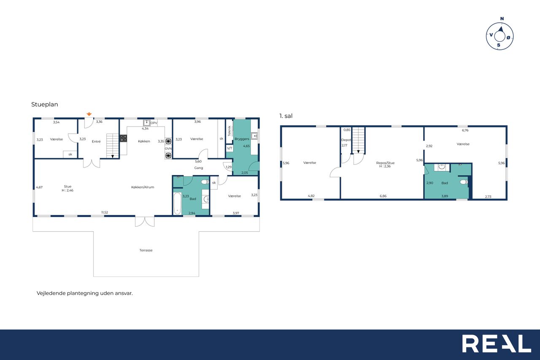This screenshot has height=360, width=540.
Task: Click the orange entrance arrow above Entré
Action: point(89,114)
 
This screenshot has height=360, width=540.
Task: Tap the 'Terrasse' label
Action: point(146,250)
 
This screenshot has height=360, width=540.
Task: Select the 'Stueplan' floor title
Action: point(45,104)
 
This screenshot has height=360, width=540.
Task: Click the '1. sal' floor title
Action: point(286,116)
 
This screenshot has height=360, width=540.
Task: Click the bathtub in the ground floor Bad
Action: point(178,203)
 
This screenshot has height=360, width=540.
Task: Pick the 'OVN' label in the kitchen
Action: point(168,149)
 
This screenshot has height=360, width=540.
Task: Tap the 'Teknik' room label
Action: point(229,131)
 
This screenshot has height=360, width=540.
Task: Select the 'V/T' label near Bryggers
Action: point(229,148)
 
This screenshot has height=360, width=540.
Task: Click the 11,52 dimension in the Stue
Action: point(105,212)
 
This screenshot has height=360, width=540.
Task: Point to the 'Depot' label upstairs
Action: point(346,140)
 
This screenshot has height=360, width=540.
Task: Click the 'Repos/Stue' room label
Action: point(385,163)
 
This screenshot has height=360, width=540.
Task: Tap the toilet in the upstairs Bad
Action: point(464,182)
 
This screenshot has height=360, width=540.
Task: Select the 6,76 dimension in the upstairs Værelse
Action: point(465,130)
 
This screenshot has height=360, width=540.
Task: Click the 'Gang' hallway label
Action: point(199,168)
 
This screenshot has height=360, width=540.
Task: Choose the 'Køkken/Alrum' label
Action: point(143,187)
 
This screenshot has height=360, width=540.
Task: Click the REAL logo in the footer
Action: point(497,344)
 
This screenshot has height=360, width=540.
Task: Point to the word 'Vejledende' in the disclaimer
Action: point(51,293)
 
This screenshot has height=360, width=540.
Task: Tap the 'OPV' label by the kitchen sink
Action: point(154,123)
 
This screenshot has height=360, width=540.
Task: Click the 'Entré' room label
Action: point(96,141)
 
